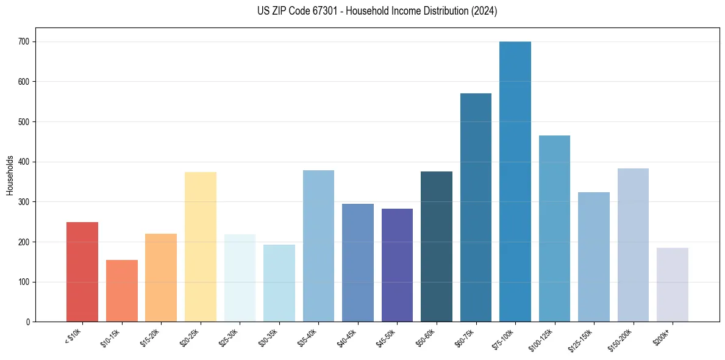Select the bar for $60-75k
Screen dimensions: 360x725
pos(476,207)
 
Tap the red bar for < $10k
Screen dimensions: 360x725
pos(82,272)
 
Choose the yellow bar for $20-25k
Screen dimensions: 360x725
pos(201,247)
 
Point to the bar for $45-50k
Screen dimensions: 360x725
pos(397,265)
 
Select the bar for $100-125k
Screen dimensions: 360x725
pos(554,229)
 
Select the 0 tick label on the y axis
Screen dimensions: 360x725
pos(29,322)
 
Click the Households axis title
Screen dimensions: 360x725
pos(10,175)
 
